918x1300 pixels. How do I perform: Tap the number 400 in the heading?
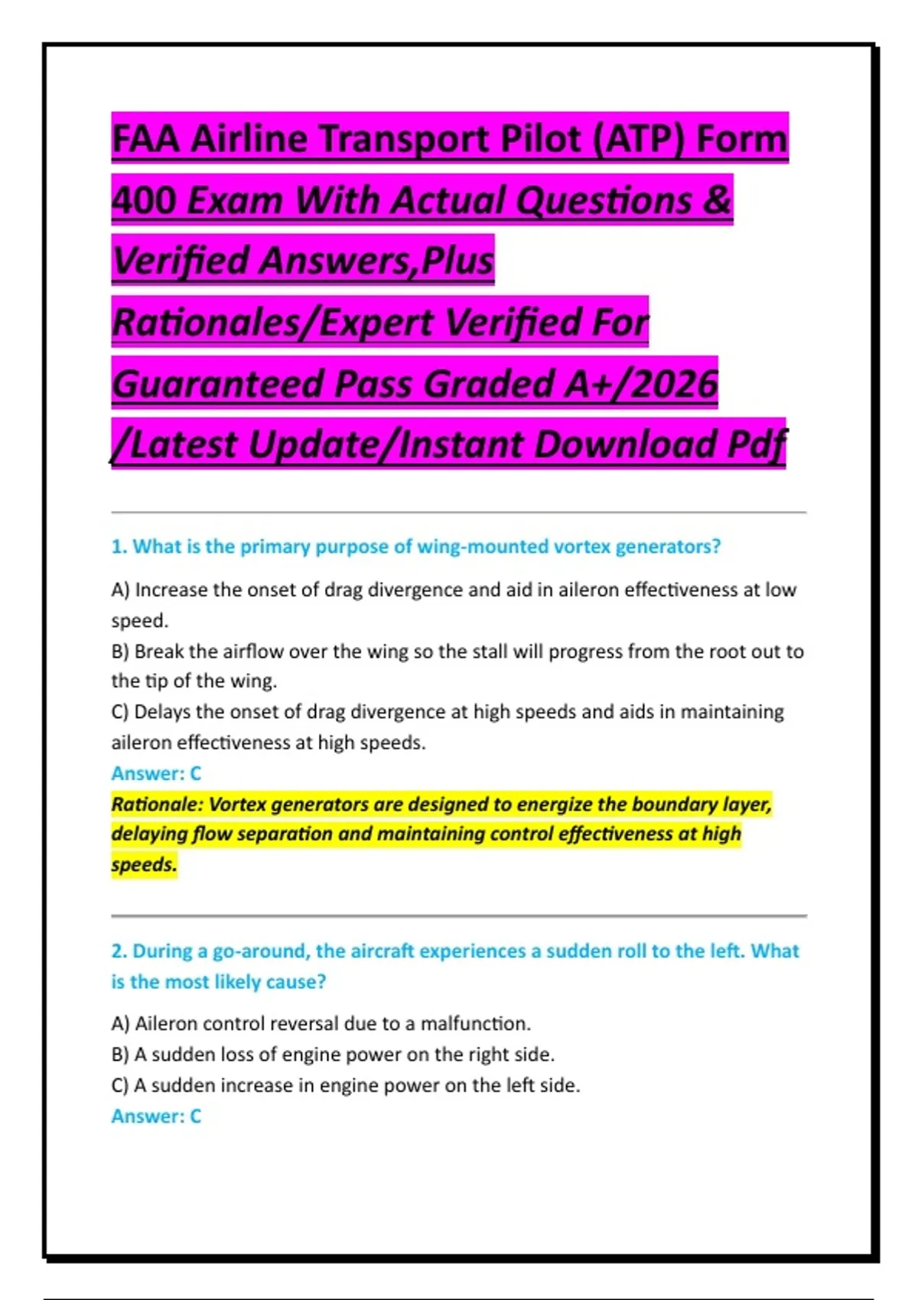coord(144,200)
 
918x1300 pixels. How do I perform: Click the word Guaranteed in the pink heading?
coord(219,384)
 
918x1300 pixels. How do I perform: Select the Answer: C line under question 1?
coord(156,773)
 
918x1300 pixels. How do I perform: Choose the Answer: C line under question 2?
coord(156,1116)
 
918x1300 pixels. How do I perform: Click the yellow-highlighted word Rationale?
coord(157,804)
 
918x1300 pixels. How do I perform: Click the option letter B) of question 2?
coord(120,1055)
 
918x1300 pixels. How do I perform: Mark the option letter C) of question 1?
coord(120,712)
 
